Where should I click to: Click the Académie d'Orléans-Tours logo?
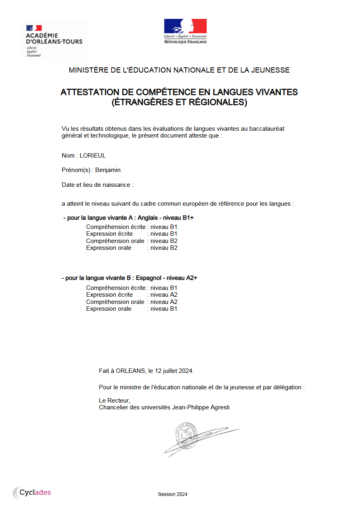54,40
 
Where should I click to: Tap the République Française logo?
185,31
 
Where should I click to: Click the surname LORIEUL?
93,156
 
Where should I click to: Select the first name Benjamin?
108,170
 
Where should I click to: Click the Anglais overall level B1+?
189,218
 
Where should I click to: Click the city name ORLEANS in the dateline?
130,371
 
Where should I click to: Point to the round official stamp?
186,436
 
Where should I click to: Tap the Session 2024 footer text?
172,494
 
